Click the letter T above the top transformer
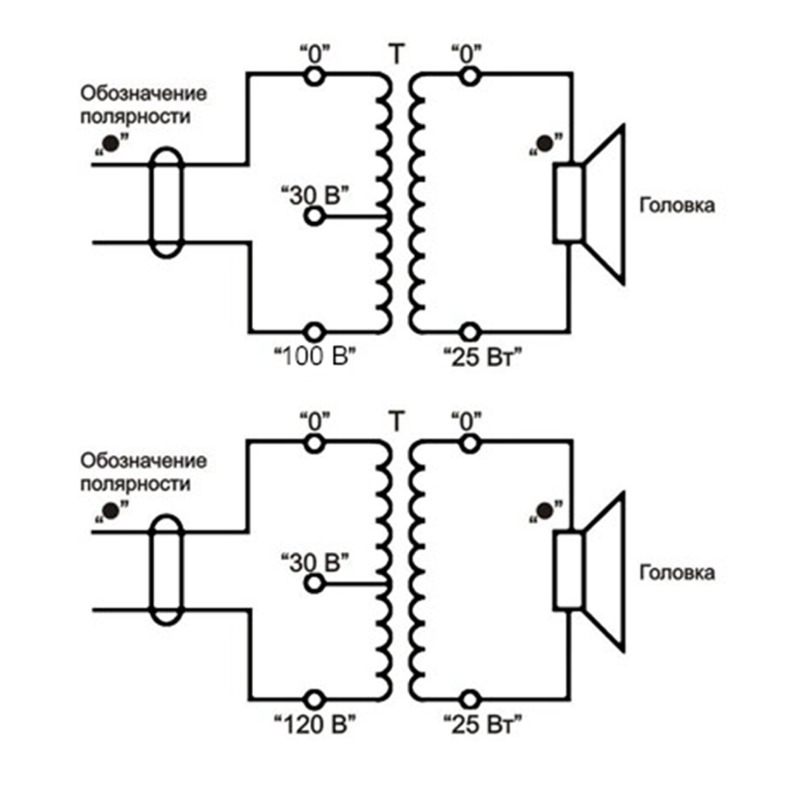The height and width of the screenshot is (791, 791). point(396,55)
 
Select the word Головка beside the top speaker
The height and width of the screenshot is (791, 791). point(677,205)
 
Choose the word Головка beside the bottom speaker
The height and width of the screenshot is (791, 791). point(677,572)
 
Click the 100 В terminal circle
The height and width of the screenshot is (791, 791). point(314,331)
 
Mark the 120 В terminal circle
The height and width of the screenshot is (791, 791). point(314,699)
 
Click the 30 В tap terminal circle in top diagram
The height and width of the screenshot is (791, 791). point(314,216)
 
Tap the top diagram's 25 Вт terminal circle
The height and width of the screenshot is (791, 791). point(469,331)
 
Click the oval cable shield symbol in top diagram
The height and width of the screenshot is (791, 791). point(165,202)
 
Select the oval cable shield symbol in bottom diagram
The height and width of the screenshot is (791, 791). point(165,570)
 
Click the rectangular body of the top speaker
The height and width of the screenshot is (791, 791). point(568,204)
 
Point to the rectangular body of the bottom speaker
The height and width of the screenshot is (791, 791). point(568,571)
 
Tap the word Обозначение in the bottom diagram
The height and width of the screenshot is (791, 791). point(143,461)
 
